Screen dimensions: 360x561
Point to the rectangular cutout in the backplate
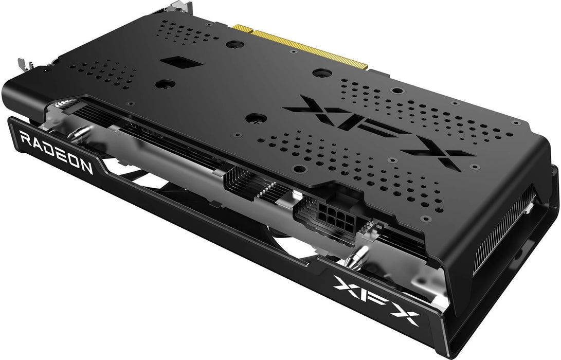pos(180,63)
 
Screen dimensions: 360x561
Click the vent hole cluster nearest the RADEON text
pos(105,72)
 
